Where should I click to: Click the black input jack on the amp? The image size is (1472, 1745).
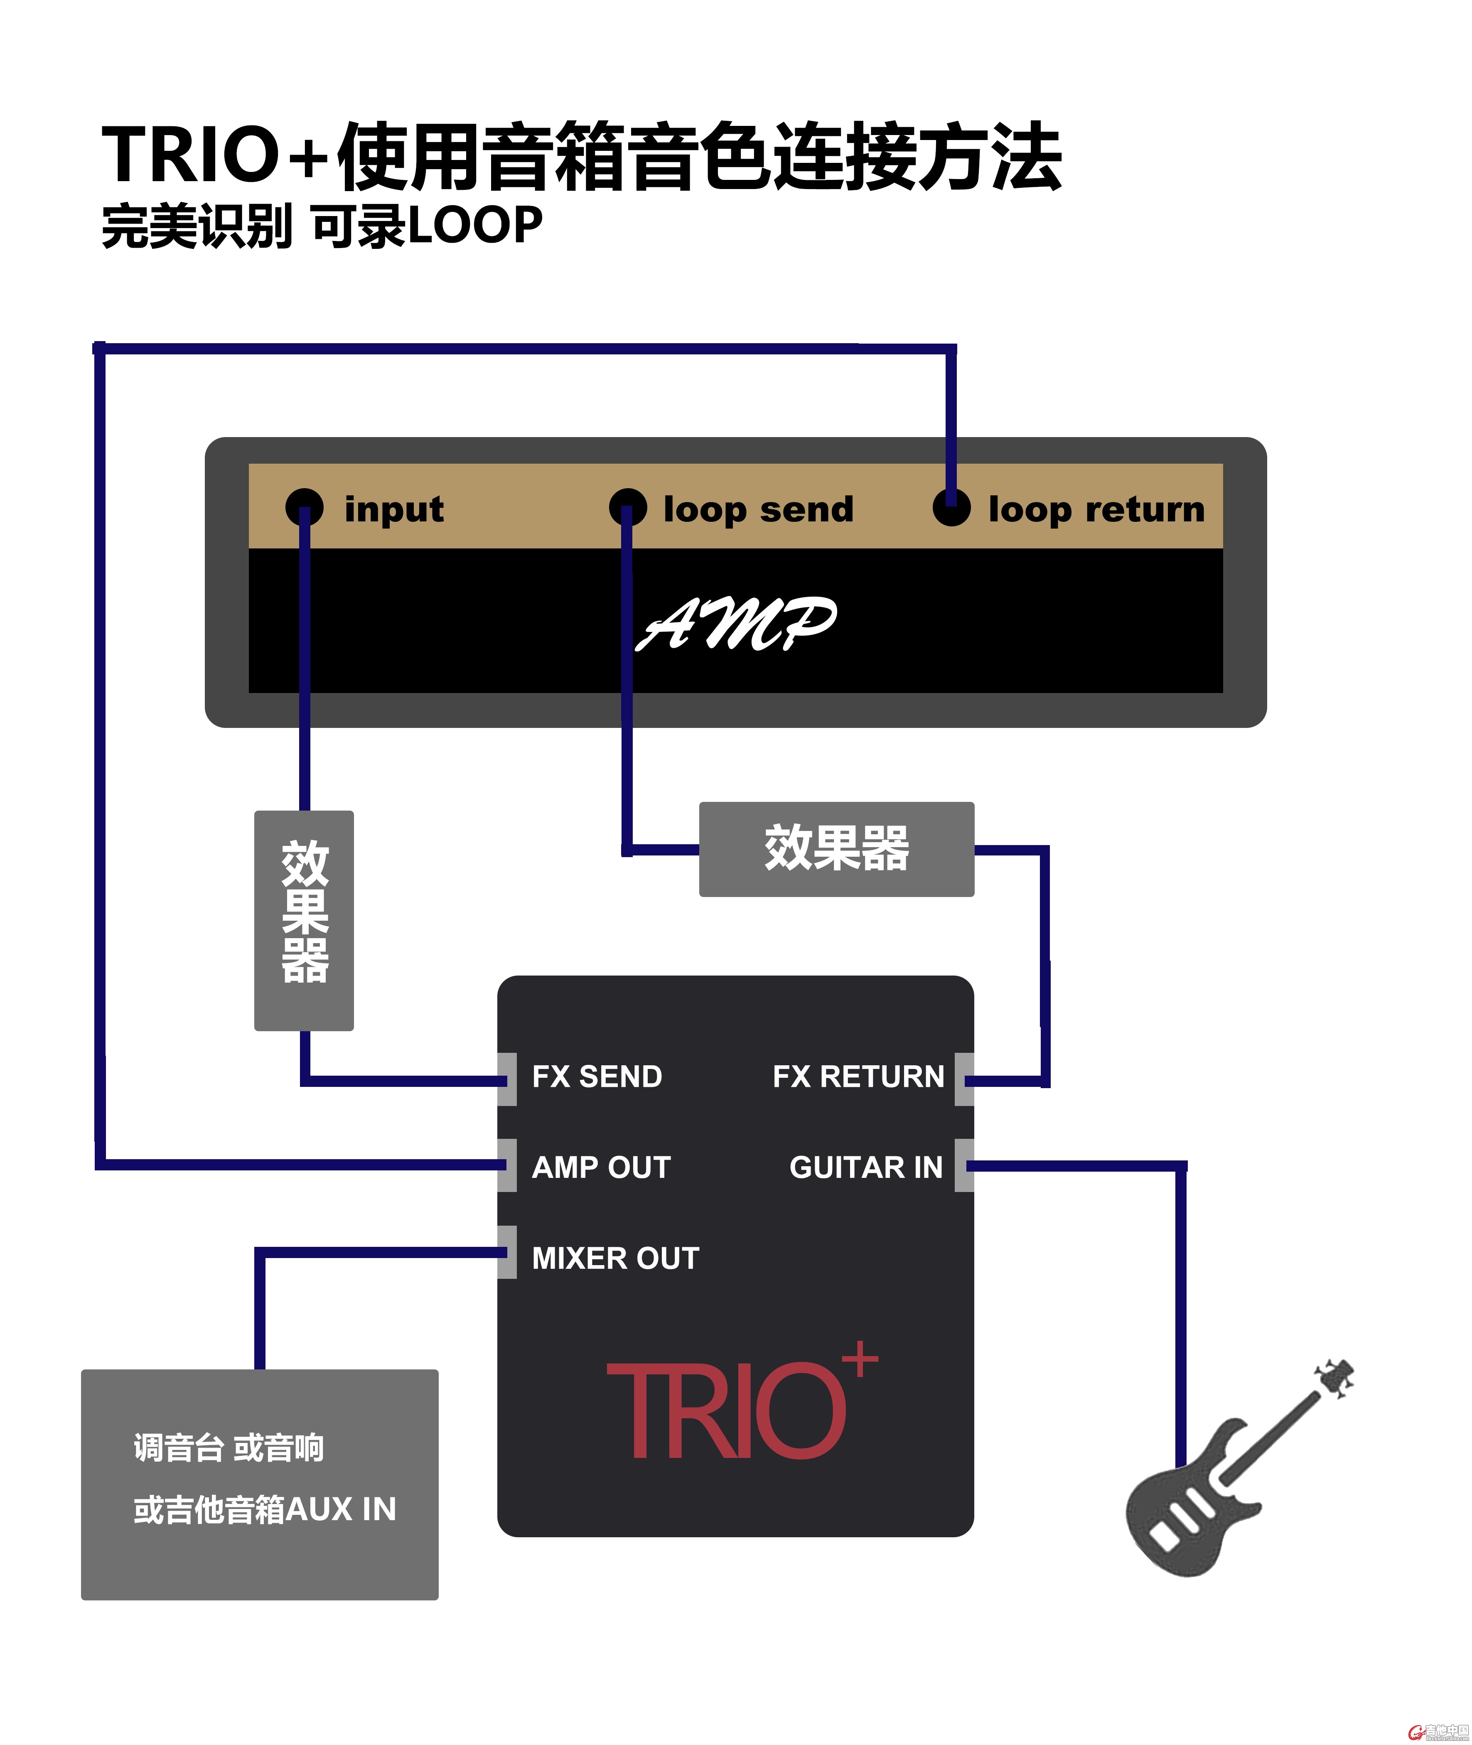point(304,506)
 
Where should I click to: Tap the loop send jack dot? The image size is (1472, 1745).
point(627,506)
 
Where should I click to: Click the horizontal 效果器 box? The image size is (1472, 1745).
point(836,849)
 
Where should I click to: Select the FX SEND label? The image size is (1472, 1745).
point(597,1076)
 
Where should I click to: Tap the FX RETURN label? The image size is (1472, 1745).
point(858,1076)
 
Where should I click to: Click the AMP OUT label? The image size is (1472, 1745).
point(601,1167)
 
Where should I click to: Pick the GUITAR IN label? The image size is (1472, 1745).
point(865,1167)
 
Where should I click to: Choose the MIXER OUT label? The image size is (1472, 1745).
point(615,1258)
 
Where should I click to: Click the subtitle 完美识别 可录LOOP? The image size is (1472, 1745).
point(321,225)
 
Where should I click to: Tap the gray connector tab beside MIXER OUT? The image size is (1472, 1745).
point(506,1252)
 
